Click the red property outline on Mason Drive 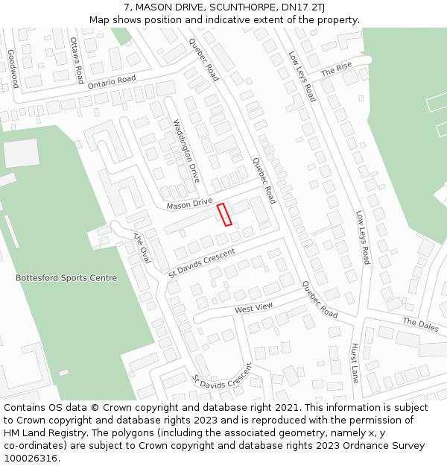224,214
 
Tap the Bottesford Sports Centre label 66,278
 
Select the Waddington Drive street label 186,151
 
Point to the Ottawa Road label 77,60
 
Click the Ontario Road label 112,82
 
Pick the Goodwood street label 13,69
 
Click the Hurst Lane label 355,363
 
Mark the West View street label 254,307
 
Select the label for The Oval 142,248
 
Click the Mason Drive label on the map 189,204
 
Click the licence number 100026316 32,459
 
